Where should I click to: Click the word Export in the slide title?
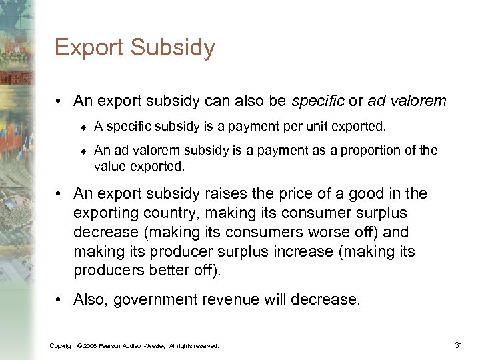pyautogui.click(x=88, y=48)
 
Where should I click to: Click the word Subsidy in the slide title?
pyautogui.click(x=173, y=48)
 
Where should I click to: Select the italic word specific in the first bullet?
pyautogui.click(x=317, y=101)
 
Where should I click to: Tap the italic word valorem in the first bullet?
pyautogui.click(x=419, y=101)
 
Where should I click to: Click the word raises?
pyautogui.click(x=225, y=194)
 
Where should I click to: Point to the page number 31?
pyautogui.click(x=458, y=345)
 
